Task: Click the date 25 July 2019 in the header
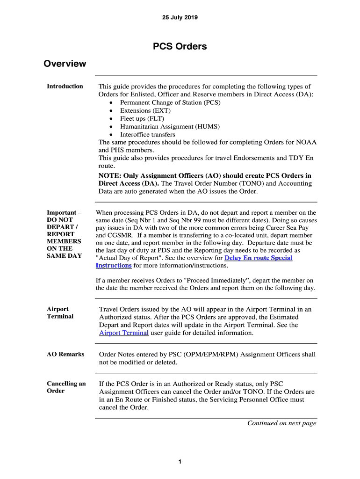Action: pyautogui.click(x=180, y=18)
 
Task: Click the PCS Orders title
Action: pyautogui.click(x=180, y=47)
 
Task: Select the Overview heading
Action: pyautogui.click(x=65, y=64)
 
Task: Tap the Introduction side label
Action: pyautogui.click(x=65, y=87)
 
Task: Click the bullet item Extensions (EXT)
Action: pyautogui.click(x=145, y=111)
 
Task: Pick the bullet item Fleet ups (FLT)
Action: pyautogui.click(x=142, y=119)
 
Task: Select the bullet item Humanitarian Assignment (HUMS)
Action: pyautogui.click(x=170, y=127)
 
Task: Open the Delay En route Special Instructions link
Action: pyautogui.click(x=259, y=258)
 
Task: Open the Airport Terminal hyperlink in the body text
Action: pyautogui.click(x=124, y=333)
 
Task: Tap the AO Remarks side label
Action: pyautogui.click(x=65, y=355)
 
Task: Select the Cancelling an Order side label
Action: pyautogui.click(x=66, y=387)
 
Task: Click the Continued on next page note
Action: pyautogui.click(x=281, y=423)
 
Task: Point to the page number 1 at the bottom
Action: pyautogui.click(x=180, y=462)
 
